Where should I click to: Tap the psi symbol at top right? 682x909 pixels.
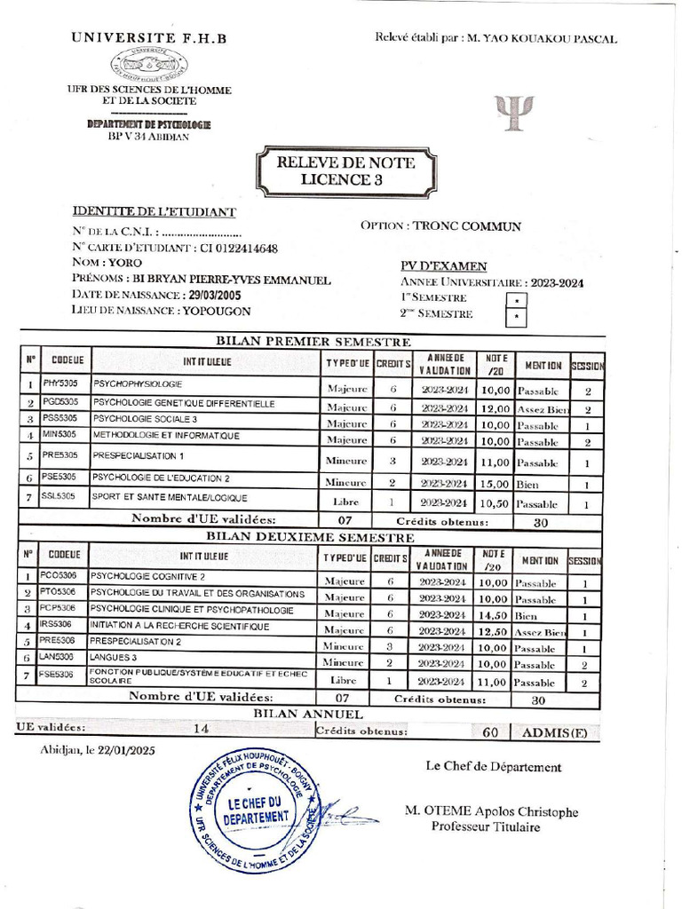514,112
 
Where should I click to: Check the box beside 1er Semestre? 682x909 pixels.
516,301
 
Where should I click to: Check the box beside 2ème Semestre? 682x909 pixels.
516,317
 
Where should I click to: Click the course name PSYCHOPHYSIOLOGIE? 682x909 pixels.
138,384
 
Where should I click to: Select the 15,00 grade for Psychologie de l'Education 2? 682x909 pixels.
495,485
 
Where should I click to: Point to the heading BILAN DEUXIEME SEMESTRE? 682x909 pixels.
310,537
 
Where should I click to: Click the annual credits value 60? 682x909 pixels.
489,732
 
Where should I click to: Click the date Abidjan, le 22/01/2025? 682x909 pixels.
98,751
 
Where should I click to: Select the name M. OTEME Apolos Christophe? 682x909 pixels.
490,811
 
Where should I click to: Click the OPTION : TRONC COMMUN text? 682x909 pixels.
440,226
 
